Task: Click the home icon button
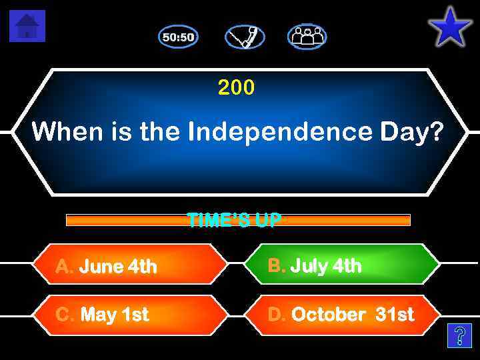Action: (x=27, y=26)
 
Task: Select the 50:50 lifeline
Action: (x=178, y=37)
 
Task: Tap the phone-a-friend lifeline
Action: (x=245, y=37)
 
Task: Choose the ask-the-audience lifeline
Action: (x=307, y=37)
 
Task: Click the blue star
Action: (x=450, y=27)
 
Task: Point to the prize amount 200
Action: (x=236, y=87)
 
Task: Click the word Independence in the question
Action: (x=279, y=132)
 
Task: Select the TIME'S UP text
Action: (x=234, y=220)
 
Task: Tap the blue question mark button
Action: (x=459, y=336)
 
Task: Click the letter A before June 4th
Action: (x=64, y=267)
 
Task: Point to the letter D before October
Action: (x=276, y=314)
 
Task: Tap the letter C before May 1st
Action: (x=64, y=314)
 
